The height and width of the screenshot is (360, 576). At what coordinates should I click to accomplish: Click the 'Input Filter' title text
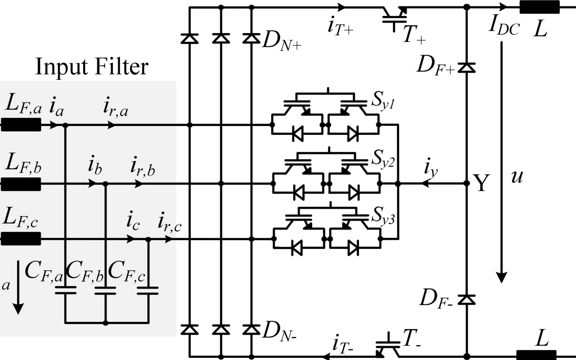click(92, 67)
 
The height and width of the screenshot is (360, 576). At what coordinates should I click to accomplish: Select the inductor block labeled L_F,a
click(21, 125)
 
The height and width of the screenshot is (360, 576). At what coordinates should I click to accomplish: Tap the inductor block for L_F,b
click(21, 184)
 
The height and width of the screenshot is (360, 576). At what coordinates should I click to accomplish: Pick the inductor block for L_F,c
click(21, 239)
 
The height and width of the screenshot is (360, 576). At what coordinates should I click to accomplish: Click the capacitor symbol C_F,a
click(66, 291)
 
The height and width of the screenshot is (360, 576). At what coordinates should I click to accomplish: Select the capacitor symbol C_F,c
click(148, 291)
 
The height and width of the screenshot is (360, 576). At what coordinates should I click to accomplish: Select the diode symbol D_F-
click(466, 299)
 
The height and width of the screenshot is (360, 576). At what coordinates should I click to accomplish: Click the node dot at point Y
click(467, 184)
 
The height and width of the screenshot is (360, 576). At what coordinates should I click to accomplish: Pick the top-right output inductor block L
click(539, 7)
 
